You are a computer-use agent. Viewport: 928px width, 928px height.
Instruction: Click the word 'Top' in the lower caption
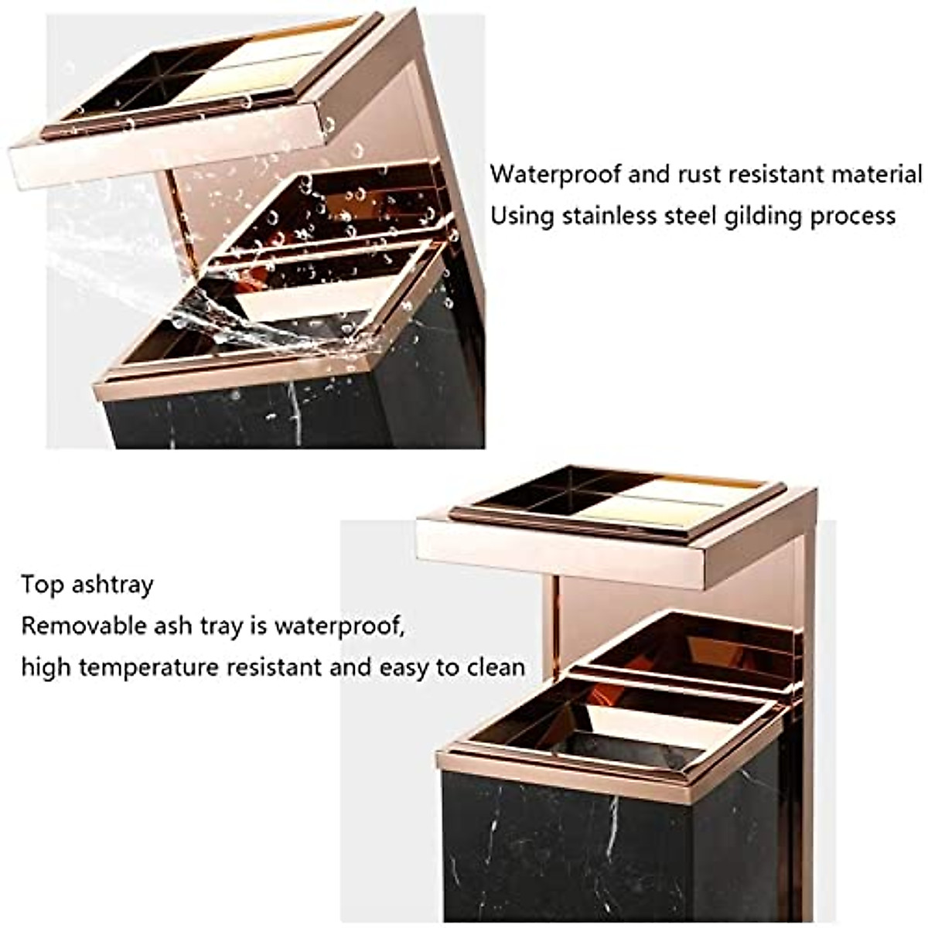42,585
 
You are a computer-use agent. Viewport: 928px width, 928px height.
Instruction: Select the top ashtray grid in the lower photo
619,499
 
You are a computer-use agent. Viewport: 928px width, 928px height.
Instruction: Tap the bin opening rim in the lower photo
611,762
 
